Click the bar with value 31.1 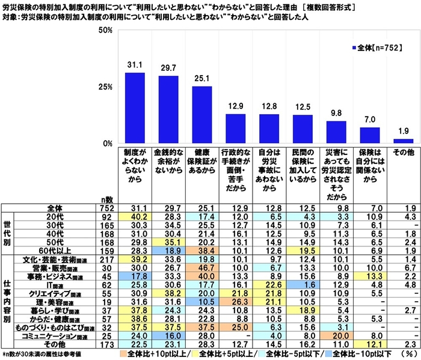(x=134, y=108)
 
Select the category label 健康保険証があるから (x=202, y=162)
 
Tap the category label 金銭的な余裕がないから (x=168, y=162)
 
